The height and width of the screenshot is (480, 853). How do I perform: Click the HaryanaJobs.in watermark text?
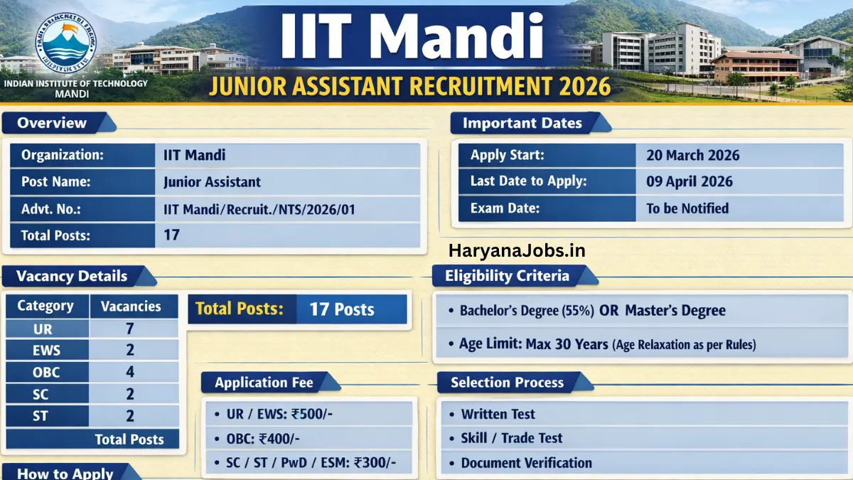pyautogui.click(x=517, y=250)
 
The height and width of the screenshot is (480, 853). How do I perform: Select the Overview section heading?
pyautogui.click(x=52, y=123)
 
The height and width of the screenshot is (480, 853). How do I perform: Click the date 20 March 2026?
pyautogui.click(x=692, y=155)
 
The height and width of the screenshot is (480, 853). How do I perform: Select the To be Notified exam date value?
pyautogui.click(x=687, y=208)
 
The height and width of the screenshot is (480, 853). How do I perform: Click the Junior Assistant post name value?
pyautogui.click(x=212, y=182)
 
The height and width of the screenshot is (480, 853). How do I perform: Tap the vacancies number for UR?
pyautogui.click(x=130, y=329)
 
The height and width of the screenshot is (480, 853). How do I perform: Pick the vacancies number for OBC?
pyautogui.click(x=130, y=373)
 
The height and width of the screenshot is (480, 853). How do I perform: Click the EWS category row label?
pyautogui.click(x=48, y=351)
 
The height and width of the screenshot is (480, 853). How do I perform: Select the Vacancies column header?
pyautogui.click(x=131, y=306)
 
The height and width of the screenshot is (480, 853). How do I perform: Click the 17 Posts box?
pyautogui.click(x=342, y=309)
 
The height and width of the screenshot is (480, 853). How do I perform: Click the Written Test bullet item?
pyautogui.click(x=498, y=414)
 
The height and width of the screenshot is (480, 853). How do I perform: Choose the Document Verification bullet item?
pyautogui.click(x=526, y=463)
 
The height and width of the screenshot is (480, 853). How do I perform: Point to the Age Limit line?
pyautogui.click(x=607, y=345)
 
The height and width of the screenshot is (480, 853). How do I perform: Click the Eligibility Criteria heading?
pyautogui.click(x=507, y=276)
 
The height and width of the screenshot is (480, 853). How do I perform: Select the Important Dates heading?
pyautogui.click(x=522, y=123)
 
